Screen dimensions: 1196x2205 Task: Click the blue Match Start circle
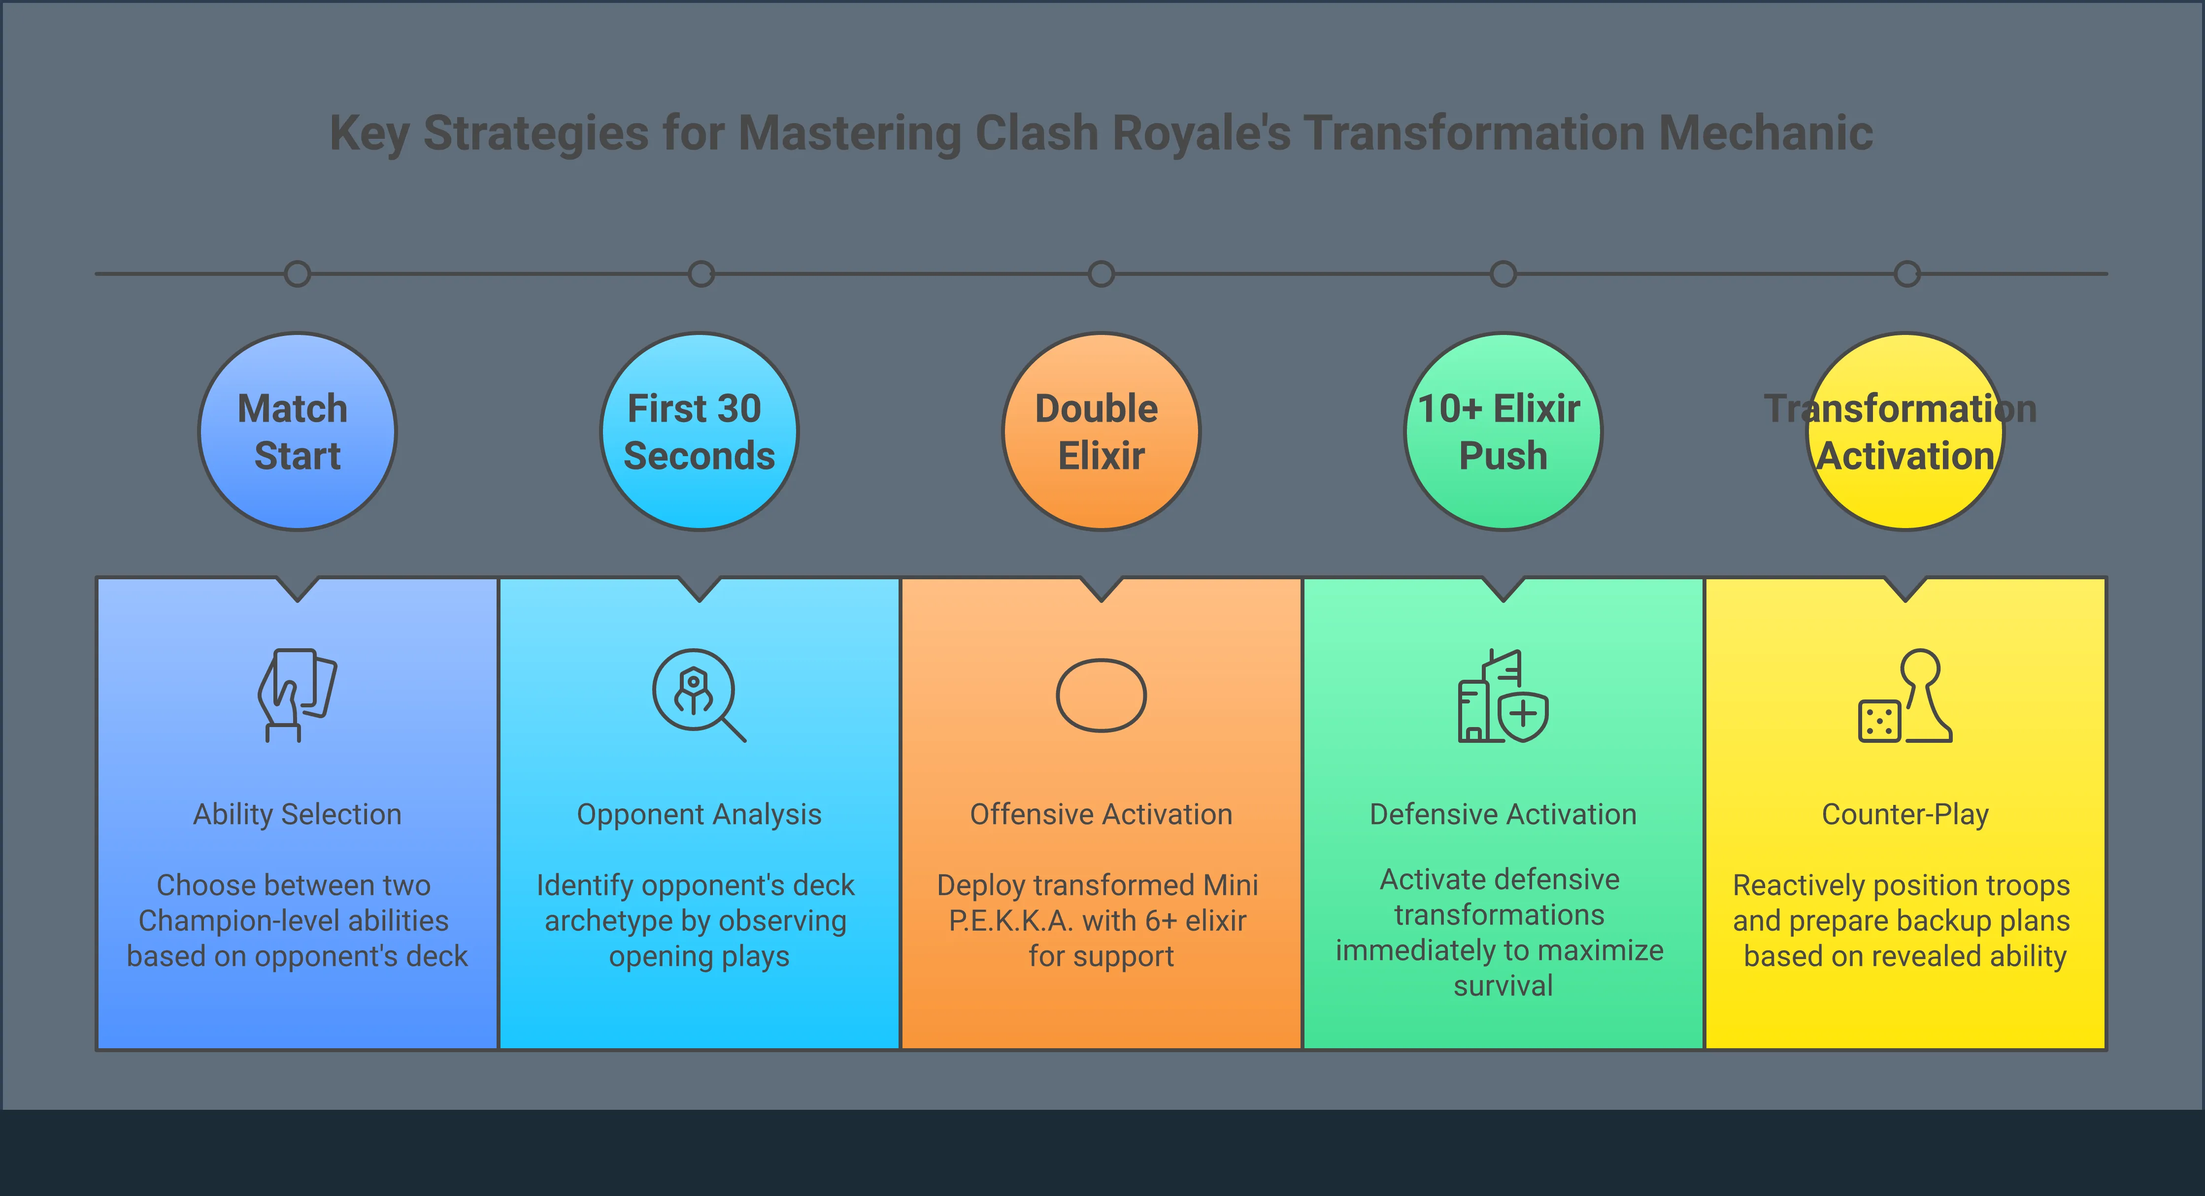(x=297, y=432)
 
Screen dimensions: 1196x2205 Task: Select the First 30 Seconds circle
(x=700, y=432)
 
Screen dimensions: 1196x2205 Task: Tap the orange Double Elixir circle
(x=1101, y=432)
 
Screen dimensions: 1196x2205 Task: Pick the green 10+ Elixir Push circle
(x=1503, y=432)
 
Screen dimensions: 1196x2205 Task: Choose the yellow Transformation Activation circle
(x=1905, y=432)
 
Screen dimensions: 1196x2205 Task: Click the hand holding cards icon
(x=297, y=695)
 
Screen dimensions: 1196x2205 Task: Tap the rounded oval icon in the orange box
(x=1101, y=695)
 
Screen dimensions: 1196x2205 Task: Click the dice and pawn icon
(x=1905, y=695)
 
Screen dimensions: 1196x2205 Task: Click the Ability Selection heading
(x=297, y=814)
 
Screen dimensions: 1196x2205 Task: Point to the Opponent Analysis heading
(x=700, y=814)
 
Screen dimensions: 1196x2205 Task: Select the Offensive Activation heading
(x=1101, y=814)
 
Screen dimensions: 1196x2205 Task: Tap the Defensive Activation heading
(x=1503, y=814)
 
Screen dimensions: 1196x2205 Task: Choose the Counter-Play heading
(x=1905, y=814)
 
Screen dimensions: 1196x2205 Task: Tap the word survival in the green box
(x=1503, y=986)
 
